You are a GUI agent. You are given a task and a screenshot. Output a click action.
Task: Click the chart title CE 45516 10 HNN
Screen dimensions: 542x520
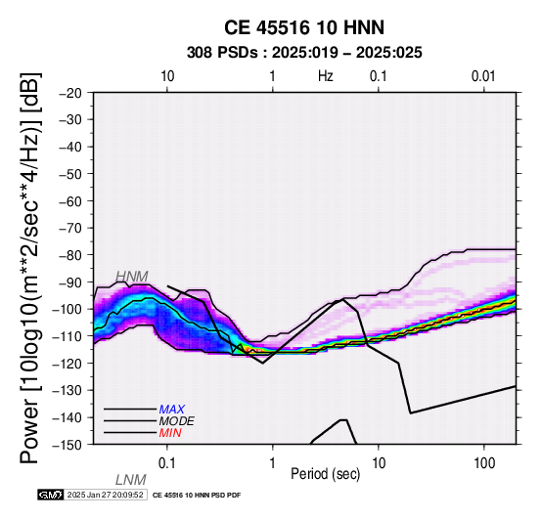[304, 27]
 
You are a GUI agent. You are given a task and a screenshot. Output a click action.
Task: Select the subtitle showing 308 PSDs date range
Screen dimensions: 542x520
[304, 53]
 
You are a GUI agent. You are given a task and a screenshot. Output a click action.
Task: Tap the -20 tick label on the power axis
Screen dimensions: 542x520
[69, 93]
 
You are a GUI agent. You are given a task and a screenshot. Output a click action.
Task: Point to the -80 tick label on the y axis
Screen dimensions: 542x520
[69, 255]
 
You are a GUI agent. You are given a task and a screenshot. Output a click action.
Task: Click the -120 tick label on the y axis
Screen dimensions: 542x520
[67, 364]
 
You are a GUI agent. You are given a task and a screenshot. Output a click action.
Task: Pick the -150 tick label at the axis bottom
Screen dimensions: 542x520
[67, 445]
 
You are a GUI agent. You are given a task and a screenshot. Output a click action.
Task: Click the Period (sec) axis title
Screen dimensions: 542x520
[325, 474]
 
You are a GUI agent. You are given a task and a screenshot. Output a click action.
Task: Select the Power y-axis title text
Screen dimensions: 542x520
[30, 268]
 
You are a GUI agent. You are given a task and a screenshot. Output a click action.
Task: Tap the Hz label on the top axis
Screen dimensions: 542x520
[325, 76]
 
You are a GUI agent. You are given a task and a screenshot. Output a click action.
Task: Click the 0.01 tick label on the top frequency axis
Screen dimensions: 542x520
[483, 76]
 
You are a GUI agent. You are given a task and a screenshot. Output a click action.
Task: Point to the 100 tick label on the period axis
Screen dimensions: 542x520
[484, 463]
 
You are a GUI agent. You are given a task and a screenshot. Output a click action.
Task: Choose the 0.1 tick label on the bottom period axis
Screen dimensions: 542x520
[167, 463]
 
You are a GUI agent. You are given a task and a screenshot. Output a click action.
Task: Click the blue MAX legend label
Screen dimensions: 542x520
[172, 410]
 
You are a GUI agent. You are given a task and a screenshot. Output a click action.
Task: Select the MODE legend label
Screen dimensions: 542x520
[177, 421]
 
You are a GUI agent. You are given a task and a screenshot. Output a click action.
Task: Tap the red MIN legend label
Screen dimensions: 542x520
[170, 433]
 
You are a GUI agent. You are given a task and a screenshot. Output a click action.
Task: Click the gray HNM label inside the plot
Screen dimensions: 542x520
[132, 277]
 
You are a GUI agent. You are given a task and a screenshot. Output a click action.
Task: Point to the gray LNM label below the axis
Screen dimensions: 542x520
[131, 480]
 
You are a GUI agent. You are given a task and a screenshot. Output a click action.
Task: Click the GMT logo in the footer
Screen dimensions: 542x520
[51, 495]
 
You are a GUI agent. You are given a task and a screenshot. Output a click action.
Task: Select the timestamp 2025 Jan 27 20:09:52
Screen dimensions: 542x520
[106, 495]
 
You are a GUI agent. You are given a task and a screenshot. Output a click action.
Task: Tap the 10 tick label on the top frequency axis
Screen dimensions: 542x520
[167, 76]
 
